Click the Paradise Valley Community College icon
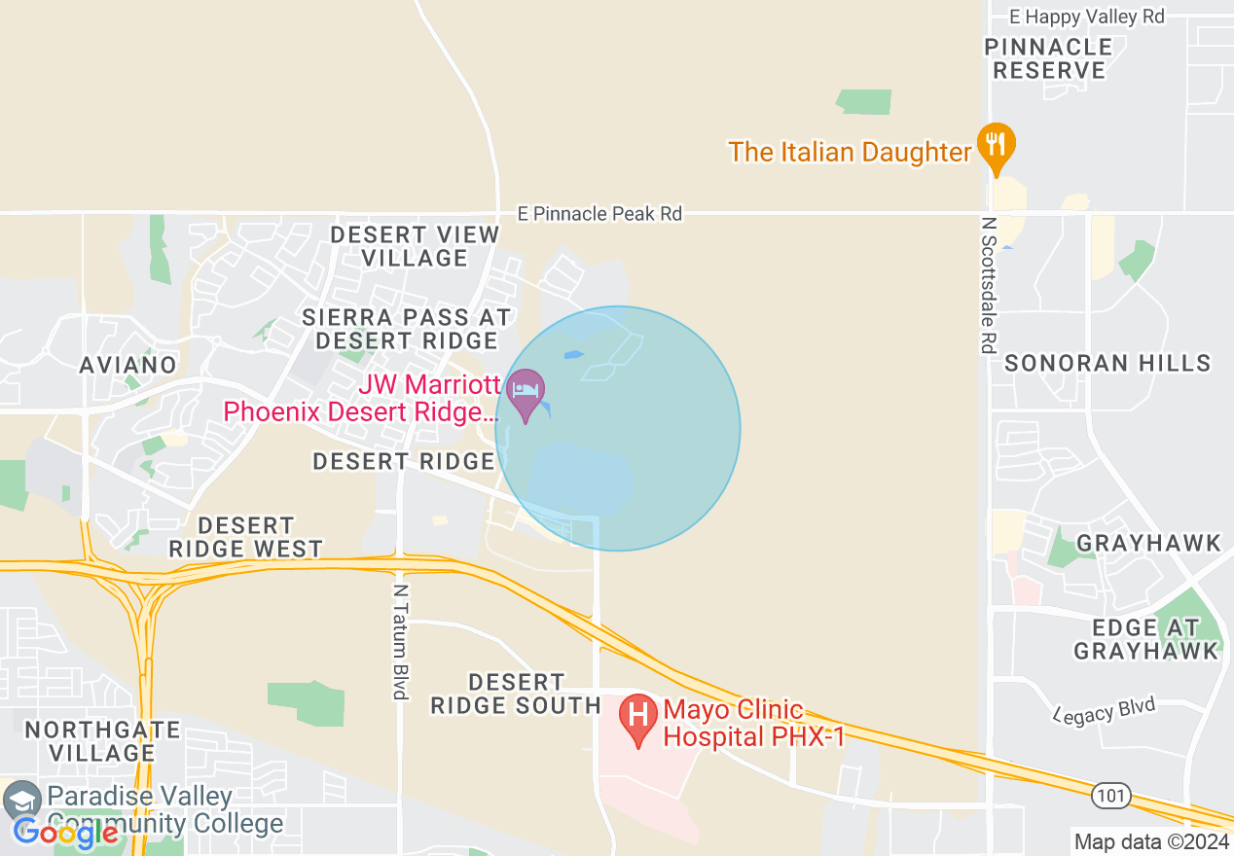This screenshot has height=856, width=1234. pos(21,801)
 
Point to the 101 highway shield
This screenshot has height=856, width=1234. pos(1111,797)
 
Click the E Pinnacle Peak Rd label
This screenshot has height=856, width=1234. pos(599,213)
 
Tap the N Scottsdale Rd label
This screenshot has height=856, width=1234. pos(990,284)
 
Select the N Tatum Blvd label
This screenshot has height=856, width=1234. pos(399,641)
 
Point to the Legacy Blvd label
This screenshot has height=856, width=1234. pos(1106,710)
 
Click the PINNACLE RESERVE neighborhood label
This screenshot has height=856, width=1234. pos(1048,58)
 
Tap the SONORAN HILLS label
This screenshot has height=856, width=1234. pos(1107,364)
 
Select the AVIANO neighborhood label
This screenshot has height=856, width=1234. pos(128,365)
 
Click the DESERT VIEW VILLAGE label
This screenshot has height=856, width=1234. pos(416,246)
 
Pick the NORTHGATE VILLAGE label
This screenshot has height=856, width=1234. pos(102,741)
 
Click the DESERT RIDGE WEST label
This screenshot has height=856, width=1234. pos(245,538)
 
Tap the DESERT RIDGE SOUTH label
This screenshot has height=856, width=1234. pos(516,694)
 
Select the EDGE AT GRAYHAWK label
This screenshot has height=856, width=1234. pos(1146,639)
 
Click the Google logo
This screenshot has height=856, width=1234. pos(66,833)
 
